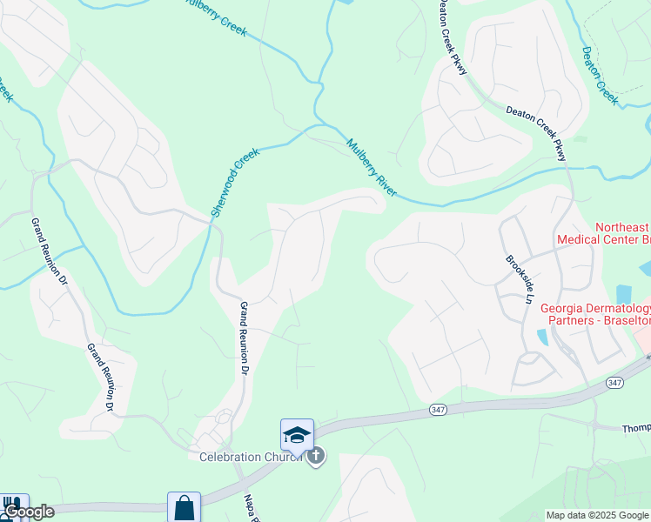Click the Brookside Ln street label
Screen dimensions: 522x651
pos(519,278)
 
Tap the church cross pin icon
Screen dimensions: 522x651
pos(316,456)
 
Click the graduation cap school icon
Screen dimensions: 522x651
pos(296,434)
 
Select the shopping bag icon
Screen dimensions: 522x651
pos(184,507)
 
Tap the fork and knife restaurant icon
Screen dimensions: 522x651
pos(10,505)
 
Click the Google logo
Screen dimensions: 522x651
pos(29,512)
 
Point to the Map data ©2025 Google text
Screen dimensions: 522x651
pos(597,514)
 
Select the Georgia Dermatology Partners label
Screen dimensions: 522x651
pos(595,314)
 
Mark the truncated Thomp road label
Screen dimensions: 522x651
pos(635,428)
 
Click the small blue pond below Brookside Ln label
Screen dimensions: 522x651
pos(543,337)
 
